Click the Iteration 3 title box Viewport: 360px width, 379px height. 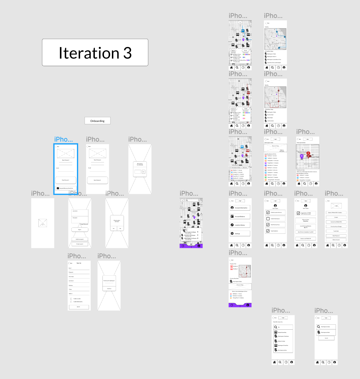tap(95, 53)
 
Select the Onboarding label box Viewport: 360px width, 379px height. tap(97, 121)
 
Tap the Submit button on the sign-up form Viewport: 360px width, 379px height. tap(78, 307)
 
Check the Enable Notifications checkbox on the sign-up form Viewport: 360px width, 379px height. tap(71, 302)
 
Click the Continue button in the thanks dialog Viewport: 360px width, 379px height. tap(109, 289)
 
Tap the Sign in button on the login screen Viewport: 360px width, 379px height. tap(80, 230)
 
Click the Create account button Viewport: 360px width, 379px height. tap(80, 244)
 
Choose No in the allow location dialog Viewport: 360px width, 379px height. tap(120, 228)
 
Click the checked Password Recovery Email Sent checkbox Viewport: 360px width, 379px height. tap(58, 188)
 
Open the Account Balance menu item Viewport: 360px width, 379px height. tap(240, 217)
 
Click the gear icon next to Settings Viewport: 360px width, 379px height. tap(232, 234)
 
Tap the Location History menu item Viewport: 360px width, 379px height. tap(240, 225)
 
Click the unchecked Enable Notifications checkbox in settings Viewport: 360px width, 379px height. tap(268, 219)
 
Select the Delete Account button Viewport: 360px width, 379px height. tap(336, 240)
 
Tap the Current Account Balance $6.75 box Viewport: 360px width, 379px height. tap(305, 227)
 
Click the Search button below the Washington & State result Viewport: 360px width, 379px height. tap(326, 338)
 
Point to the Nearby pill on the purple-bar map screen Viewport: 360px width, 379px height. tap(185, 229)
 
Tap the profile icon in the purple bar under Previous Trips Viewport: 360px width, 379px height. tap(248, 305)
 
